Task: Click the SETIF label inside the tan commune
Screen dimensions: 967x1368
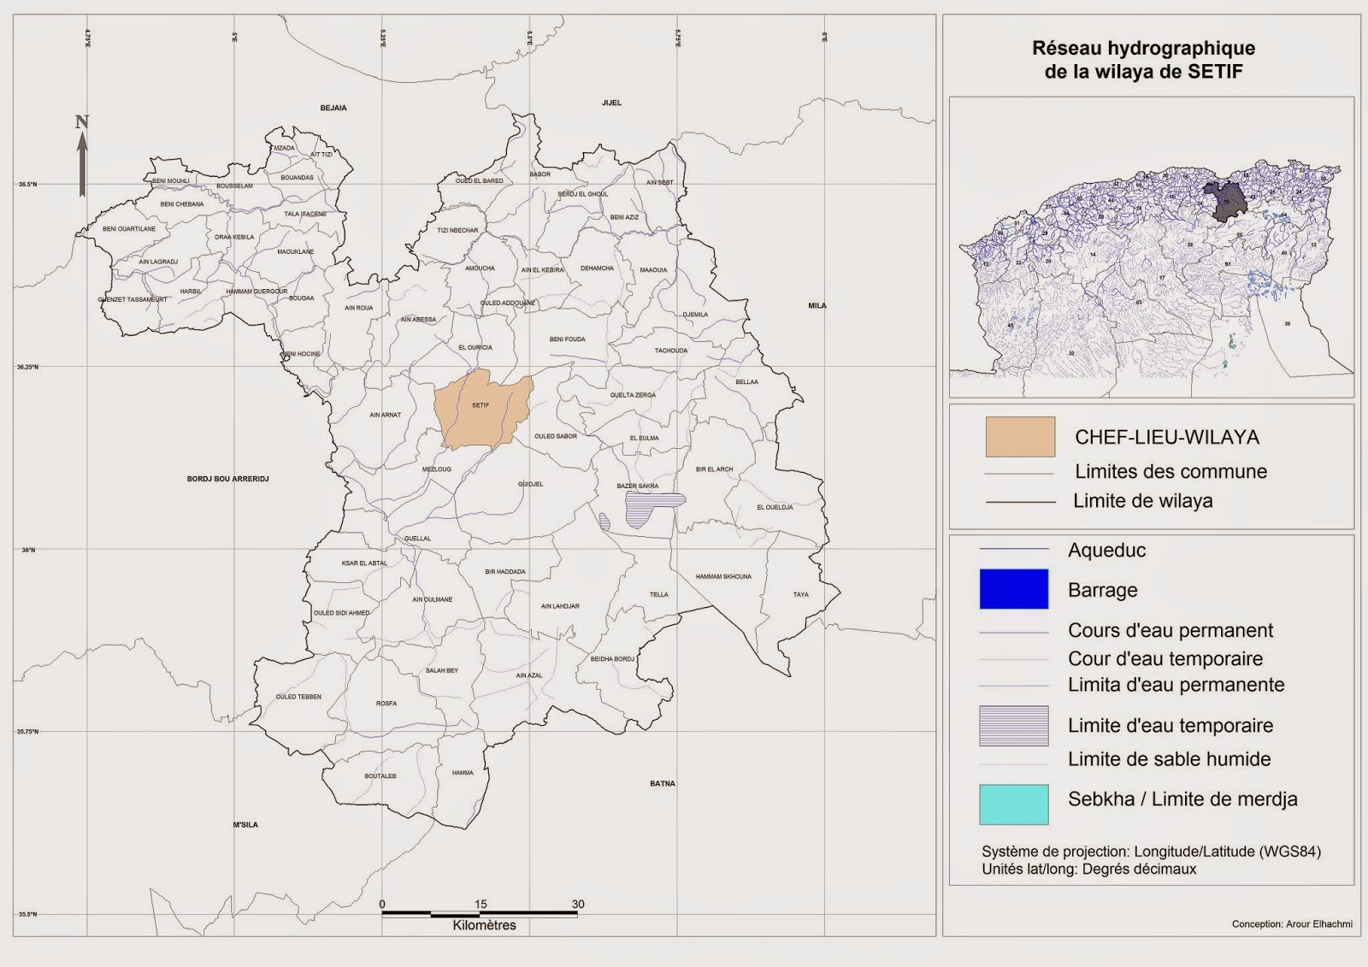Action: (481, 405)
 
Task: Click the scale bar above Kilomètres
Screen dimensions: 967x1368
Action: (480, 914)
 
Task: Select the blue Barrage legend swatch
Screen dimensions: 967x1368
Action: (1013, 589)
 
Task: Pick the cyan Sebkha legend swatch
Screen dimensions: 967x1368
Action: (1013, 804)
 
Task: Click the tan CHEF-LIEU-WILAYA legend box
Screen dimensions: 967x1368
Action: (1020, 437)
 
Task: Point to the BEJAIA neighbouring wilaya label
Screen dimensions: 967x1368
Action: (333, 108)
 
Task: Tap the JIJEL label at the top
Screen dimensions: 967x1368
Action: (611, 103)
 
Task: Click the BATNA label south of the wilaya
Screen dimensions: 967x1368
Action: (662, 783)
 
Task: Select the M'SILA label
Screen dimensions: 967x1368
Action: (245, 825)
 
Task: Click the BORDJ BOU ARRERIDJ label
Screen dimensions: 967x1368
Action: (227, 479)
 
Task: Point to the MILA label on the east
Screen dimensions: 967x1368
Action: (817, 305)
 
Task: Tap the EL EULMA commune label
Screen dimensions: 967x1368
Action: (644, 438)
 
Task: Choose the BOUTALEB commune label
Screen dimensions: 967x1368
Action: (380, 776)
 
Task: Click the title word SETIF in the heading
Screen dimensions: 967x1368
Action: (1215, 72)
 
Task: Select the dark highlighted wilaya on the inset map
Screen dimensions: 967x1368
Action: (1226, 201)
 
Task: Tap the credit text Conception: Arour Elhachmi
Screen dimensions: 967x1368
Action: (1291, 923)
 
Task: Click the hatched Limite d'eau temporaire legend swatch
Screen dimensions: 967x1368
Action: (1013, 726)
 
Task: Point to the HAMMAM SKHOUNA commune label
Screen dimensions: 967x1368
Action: (723, 577)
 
